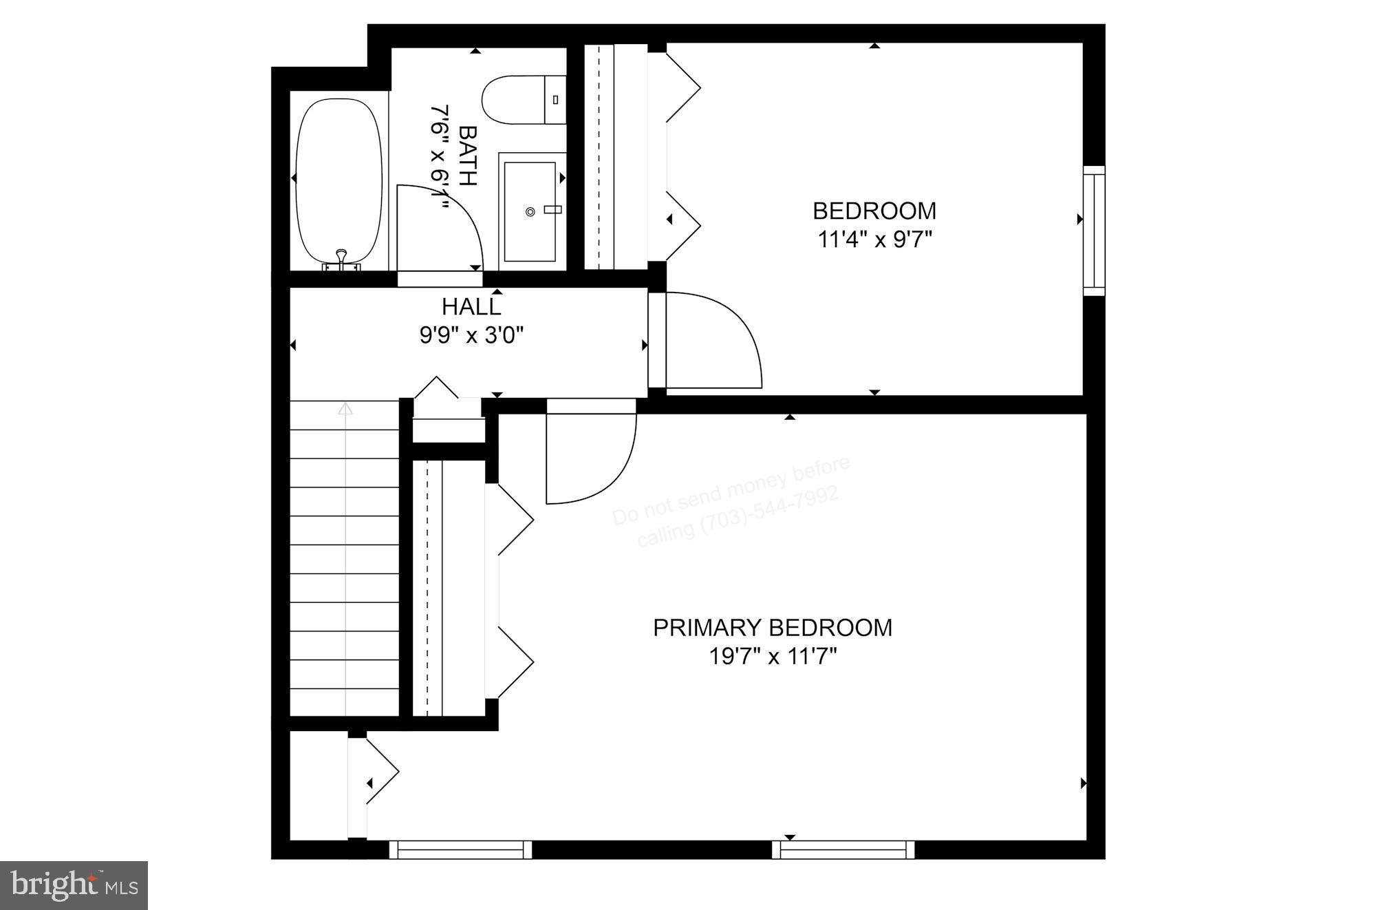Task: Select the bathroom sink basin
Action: point(530,211)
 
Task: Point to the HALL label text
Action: point(471,306)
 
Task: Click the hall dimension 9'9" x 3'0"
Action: point(471,335)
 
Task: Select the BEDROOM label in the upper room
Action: point(874,211)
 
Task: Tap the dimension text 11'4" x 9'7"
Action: point(874,240)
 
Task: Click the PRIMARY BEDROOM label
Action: point(772,628)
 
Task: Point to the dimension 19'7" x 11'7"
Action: point(772,657)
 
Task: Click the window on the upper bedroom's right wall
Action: point(1094,231)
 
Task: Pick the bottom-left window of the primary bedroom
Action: point(460,850)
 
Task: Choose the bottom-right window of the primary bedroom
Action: point(843,850)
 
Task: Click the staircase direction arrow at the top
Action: point(345,409)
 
